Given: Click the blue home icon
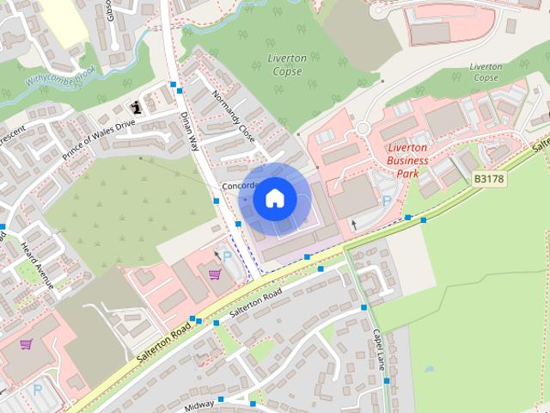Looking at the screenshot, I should [274, 199].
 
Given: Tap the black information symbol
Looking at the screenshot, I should [136, 108].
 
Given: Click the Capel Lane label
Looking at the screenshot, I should [378, 348].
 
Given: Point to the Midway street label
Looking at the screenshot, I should [199, 404].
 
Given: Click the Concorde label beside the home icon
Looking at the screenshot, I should [236, 186].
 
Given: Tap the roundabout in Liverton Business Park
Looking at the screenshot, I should [362, 129].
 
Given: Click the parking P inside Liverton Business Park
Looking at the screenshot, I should [387, 200].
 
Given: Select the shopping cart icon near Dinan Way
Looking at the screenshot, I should [214, 274].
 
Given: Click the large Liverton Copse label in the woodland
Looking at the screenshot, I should [287, 65].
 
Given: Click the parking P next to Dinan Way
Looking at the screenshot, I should [228, 256].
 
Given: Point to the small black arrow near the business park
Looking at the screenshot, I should [353, 225].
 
